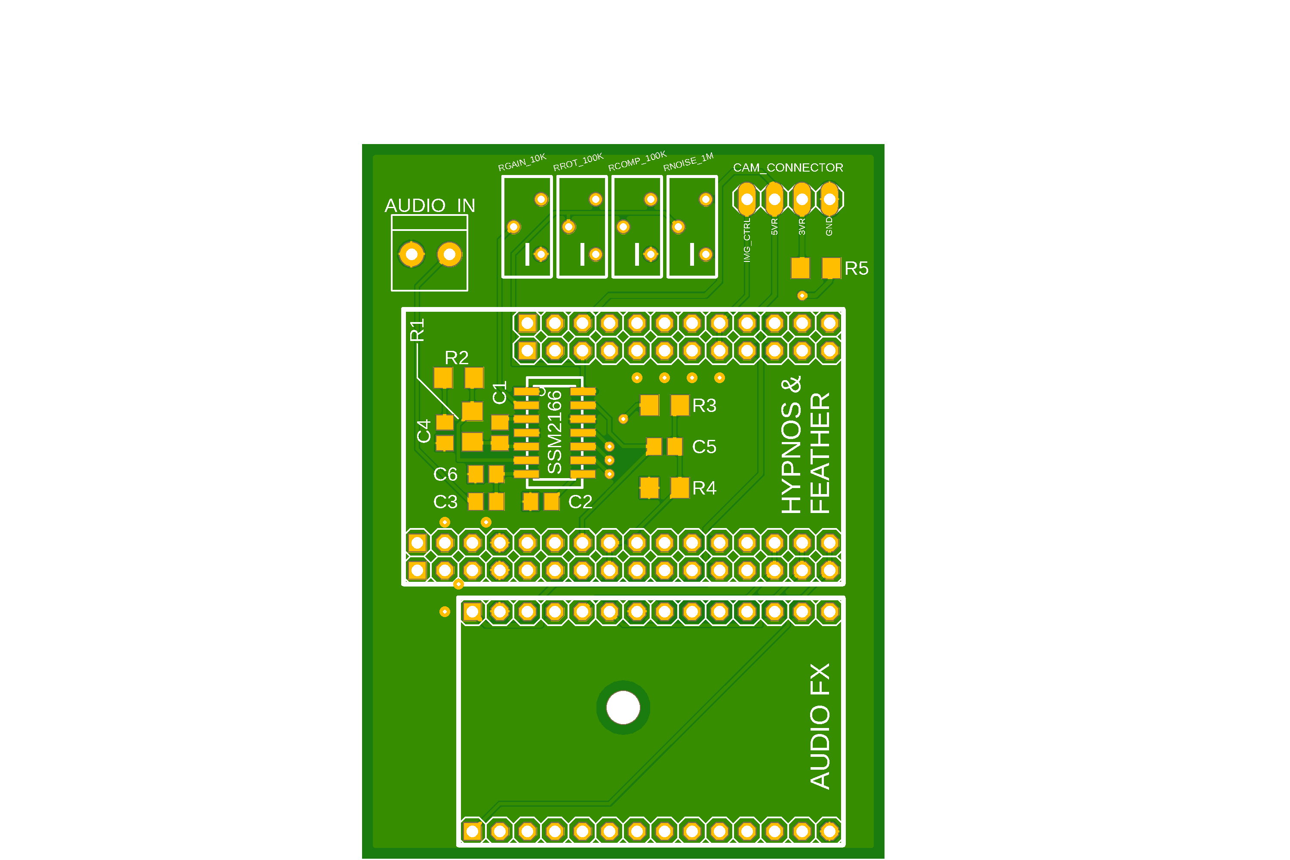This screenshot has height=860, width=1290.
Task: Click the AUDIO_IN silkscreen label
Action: [430, 206]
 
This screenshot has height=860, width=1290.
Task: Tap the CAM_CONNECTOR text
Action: [788, 168]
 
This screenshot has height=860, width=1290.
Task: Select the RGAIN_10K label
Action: [522, 163]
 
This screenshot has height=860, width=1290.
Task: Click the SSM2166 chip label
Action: [555, 432]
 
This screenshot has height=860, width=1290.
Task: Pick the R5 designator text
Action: [856, 269]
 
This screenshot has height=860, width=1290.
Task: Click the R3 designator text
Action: [704, 406]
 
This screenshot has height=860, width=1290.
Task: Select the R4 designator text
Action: [704, 488]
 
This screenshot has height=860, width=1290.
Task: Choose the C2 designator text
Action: [580, 502]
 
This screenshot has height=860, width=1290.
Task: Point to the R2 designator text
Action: [456, 358]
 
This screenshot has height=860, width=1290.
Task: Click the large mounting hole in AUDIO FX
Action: [623, 707]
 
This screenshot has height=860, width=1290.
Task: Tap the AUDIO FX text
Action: [820, 726]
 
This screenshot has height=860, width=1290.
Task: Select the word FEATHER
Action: [820, 453]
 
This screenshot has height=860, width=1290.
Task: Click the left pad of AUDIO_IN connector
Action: [412, 254]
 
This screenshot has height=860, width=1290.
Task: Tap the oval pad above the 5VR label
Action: [774, 199]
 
